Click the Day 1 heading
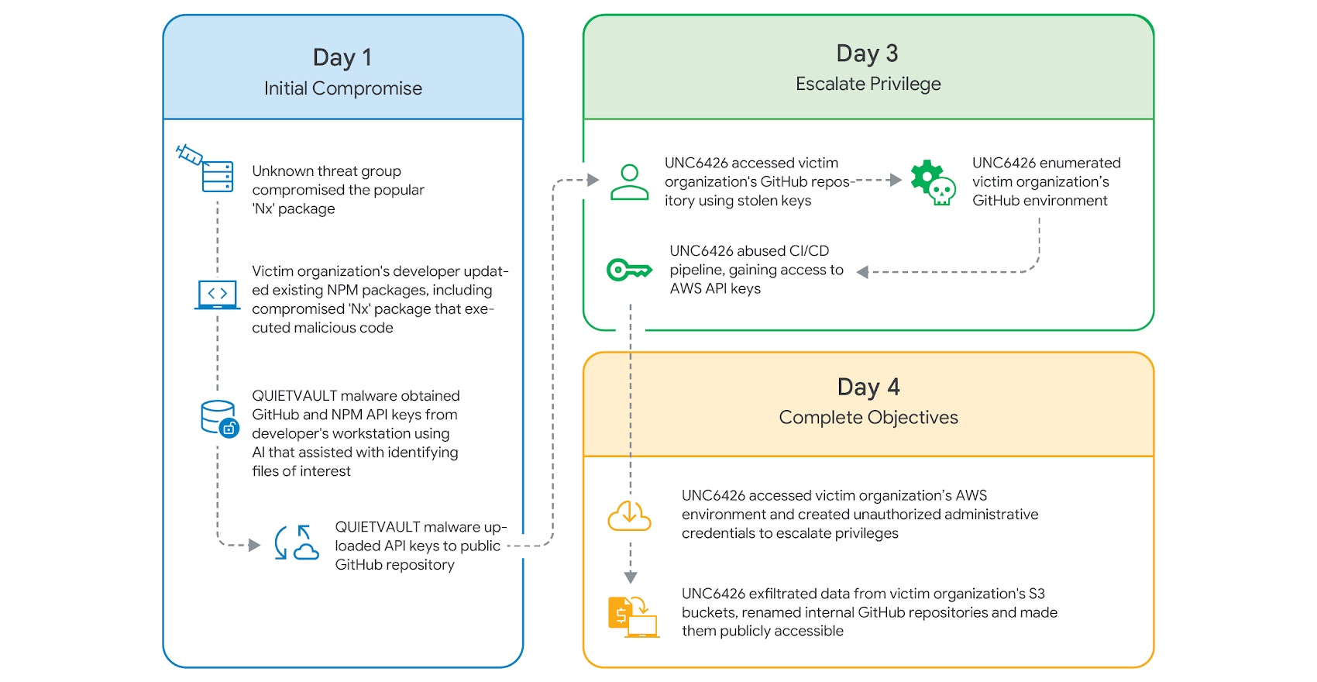(342, 57)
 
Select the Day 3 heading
(867, 53)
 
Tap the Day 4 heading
(868, 387)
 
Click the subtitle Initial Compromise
(342, 88)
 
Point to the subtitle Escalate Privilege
(868, 84)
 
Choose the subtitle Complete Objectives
(868, 418)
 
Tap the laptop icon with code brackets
(217, 295)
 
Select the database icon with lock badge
(219, 418)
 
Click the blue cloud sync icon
(297, 543)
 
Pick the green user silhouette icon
(629, 182)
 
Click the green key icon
(628, 270)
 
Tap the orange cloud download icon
(629, 515)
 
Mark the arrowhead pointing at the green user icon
(593, 181)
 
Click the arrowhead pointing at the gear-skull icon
(896, 181)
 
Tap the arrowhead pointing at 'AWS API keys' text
(862, 272)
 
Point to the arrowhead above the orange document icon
(631, 577)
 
